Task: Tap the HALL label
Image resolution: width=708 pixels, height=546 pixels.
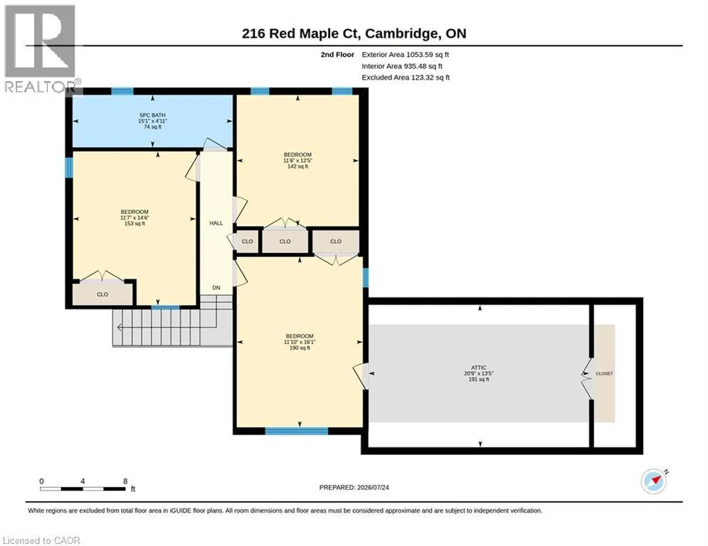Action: (216, 223)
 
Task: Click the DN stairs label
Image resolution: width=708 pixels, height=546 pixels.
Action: (216, 287)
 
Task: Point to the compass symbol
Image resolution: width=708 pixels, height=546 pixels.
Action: (654, 481)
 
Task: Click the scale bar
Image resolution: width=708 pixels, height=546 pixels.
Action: (83, 488)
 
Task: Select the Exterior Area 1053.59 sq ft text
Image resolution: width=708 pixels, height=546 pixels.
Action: (405, 55)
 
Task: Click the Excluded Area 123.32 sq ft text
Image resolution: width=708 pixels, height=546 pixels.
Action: (406, 77)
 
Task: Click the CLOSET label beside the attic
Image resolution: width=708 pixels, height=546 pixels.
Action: (604, 374)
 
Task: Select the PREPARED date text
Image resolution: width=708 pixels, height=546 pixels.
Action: (354, 487)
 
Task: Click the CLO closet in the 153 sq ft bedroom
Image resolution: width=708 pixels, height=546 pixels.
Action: (103, 293)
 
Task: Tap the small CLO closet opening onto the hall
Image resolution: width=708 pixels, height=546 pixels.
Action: (247, 242)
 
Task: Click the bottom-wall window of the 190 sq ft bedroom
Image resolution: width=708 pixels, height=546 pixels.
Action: (296, 432)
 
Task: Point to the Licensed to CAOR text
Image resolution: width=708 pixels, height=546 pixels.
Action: (41, 540)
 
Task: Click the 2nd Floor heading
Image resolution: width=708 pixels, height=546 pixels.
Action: (337, 55)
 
